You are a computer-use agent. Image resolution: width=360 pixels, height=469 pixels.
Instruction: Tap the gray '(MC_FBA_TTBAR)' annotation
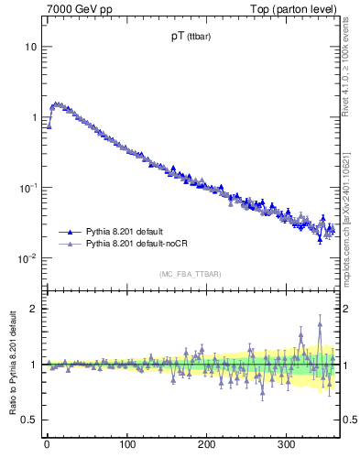[x=190, y=274]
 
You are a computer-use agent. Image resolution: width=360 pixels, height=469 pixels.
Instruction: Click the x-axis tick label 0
[x=47, y=444]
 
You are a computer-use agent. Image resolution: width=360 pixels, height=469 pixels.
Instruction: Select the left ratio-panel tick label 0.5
[x=28, y=420]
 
